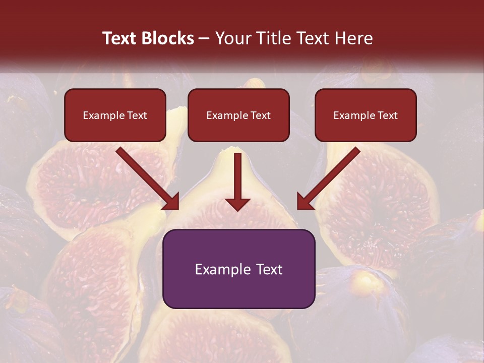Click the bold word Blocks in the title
coord(167,38)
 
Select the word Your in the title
coord(231,38)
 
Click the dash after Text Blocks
coord(204,38)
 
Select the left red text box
coord(115,115)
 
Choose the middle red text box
coord(238,115)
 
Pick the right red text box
coord(366,115)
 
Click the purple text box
coord(238,269)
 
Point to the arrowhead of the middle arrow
coord(237,204)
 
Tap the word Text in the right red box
coord(387,115)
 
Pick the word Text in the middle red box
coord(260,115)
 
